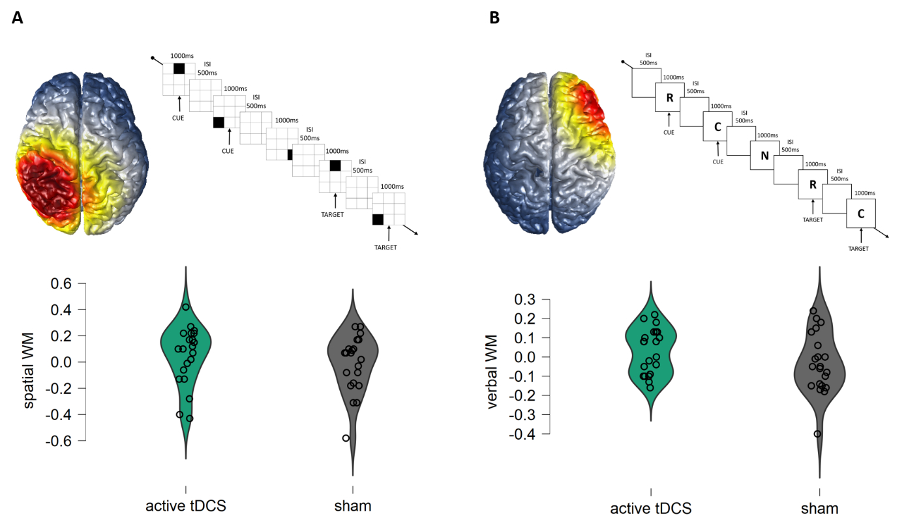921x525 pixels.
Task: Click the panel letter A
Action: click(18, 18)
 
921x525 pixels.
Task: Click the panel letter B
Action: click(494, 18)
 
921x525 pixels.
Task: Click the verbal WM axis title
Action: click(494, 372)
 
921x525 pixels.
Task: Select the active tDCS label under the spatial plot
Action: click(186, 506)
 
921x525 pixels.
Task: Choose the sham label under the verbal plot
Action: click(820, 508)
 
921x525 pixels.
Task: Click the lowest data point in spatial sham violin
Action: click(346, 438)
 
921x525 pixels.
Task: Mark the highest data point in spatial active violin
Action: click(186, 307)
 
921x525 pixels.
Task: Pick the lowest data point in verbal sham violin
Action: click(817, 434)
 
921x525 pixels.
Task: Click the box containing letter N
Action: click(764, 156)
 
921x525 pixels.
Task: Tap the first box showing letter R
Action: click(669, 98)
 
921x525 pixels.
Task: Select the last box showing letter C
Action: click(860, 213)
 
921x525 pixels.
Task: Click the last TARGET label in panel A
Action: click(385, 248)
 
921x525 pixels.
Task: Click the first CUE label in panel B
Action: click(669, 132)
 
